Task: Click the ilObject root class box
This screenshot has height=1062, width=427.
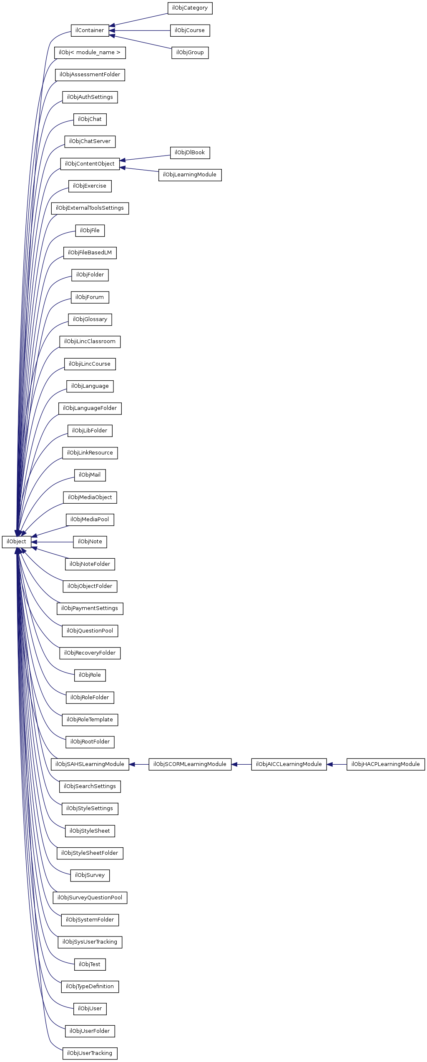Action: click(x=16, y=542)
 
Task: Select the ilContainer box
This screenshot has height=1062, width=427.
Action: click(x=90, y=30)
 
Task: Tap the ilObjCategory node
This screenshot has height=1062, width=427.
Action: click(x=190, y=8)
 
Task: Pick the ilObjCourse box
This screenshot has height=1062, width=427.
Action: click(x=190, y=30)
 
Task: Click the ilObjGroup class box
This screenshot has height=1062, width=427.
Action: click(x=190, y=53)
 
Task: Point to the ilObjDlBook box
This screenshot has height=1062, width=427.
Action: click(x=190, y=153)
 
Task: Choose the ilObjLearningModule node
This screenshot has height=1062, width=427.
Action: click(x=190, y=175)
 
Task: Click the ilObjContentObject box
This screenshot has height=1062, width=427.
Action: click(x=90, y=164)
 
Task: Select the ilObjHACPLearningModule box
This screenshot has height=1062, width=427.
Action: click(x=385, y=764)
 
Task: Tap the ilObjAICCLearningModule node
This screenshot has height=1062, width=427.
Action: click(x=289, y=764)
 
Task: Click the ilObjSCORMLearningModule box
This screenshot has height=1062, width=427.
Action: click(x=190, y=764)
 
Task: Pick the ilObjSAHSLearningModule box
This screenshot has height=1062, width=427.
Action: click(x=90, y=764)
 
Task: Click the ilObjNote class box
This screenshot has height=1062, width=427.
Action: click(x=90, y=542)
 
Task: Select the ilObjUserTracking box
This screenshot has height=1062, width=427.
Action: click(x=90, y=1053)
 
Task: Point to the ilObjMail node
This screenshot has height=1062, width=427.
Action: click(x=90, y=475)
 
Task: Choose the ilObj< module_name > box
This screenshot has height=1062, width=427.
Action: click(x=90, y=53)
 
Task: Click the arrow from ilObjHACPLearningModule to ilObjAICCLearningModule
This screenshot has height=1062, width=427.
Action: click(x=337, y=764)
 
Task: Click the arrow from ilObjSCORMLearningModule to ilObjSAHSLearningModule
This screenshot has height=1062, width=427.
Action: click(x=139, y=764)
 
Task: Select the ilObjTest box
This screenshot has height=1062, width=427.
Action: click(x=90, y=964)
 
